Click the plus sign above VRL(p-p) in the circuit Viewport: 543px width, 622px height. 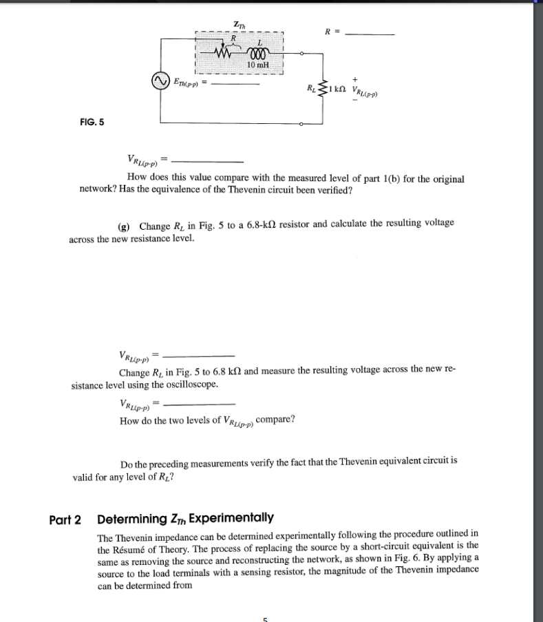point(354,79)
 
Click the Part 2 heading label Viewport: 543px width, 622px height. point(70,517)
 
